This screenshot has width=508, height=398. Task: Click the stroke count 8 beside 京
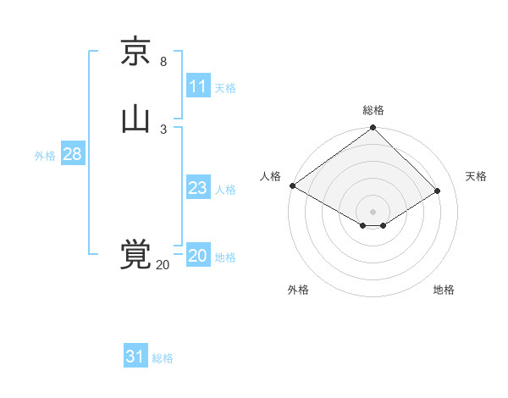(163, 62)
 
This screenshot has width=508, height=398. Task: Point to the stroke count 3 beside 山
(163, 129)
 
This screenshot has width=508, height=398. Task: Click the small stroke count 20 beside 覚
(163, 265)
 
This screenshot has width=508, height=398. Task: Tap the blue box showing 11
(198, 86)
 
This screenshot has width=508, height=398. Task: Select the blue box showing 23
(198, 188)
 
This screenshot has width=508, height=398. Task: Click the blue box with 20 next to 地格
(198, 256)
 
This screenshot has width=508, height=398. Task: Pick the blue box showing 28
(72, 154)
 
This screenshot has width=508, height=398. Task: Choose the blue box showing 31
(135, 357)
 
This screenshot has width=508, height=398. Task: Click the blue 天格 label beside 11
(225, 88)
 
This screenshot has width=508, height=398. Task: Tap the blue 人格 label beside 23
(225, 190)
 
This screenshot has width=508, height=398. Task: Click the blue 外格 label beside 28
(45, 156)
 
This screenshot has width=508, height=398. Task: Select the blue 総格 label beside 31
(163, 358)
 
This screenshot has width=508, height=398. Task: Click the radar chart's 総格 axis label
(373, 110)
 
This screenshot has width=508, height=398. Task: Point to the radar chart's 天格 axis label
(477, 176)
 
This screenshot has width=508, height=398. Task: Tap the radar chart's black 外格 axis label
(298, 290)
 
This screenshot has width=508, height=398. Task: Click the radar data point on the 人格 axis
(292, 185)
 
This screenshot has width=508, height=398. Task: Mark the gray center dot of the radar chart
(373, 211)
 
